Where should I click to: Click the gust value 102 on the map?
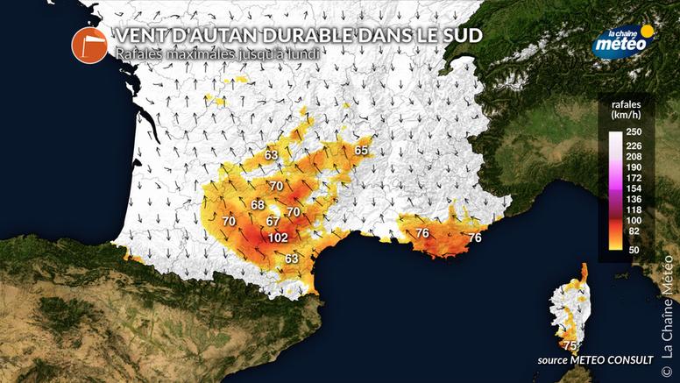279,238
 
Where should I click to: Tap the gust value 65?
362,151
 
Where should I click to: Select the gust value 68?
258,205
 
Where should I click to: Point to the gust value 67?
273,220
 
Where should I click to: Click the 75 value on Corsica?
570,345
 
